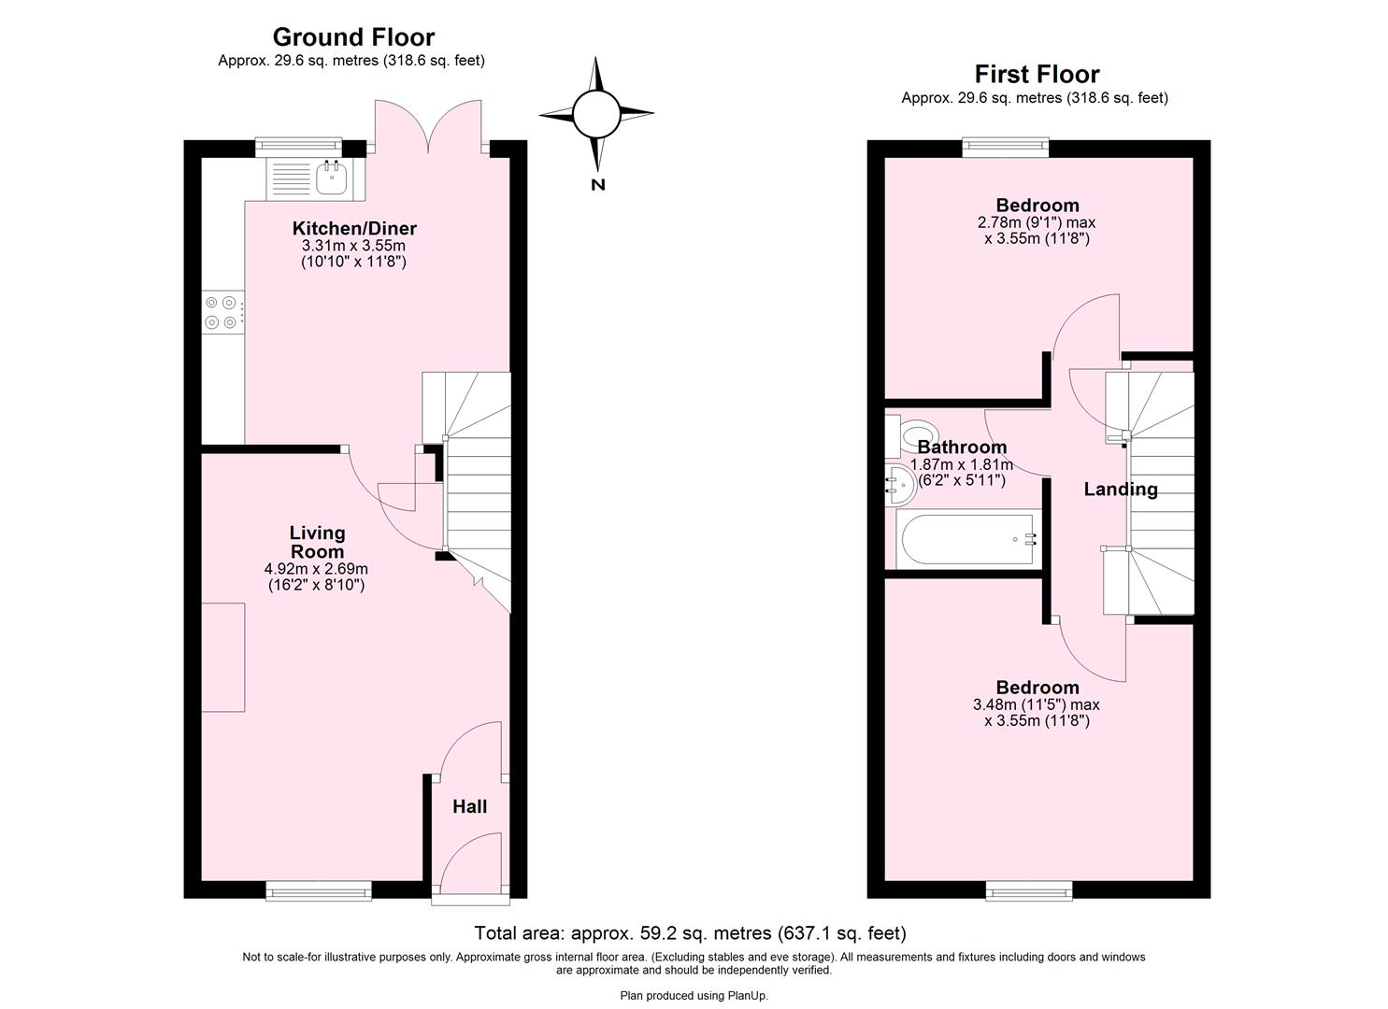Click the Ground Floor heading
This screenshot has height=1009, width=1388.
(353, 37)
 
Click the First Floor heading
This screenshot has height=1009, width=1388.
(1037, 74)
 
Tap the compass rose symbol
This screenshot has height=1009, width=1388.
(596, 114)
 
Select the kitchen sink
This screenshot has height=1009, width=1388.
(331, 178)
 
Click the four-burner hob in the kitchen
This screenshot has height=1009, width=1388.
(222, 312)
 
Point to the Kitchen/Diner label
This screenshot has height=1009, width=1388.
(354, 229)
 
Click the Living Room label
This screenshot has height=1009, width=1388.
(317, 542)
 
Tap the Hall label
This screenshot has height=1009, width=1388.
(469, 806)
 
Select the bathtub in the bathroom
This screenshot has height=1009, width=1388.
(967, 539)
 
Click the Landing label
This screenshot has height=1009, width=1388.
(1120, 490)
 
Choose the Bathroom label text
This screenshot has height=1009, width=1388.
(962, 448)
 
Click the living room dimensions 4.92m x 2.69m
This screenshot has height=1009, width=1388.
(316, 569)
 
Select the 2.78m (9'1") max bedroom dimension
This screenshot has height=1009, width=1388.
(1036, 223)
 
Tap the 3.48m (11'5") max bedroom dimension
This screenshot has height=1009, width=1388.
(1036, 705)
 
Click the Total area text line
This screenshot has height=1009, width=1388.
(690, 932)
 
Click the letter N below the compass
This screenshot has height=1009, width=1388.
(598, 185)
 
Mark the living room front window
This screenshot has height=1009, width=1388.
(317, 892)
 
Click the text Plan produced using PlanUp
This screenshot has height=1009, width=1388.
(694, 996)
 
